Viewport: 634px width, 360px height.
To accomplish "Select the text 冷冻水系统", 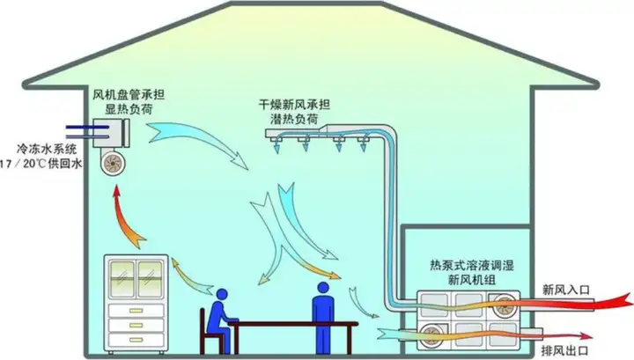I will tap(48, 151).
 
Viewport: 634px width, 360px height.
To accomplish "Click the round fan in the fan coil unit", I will tap(113, 164).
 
